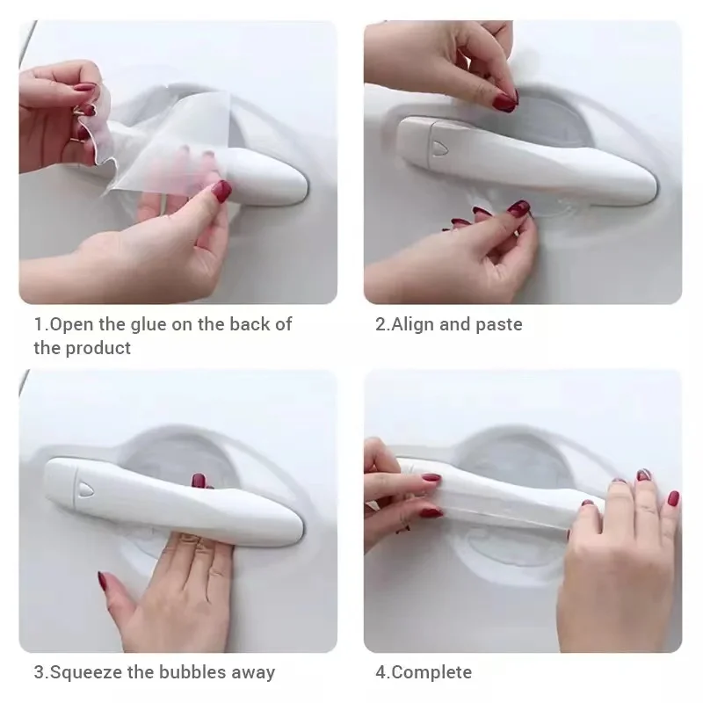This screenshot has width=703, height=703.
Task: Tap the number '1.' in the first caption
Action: (40, 324)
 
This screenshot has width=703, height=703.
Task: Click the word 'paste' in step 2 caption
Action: (499, 324)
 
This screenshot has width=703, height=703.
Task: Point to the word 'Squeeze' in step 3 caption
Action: (83, 673)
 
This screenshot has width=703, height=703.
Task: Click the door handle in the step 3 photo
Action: (176, 496)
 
